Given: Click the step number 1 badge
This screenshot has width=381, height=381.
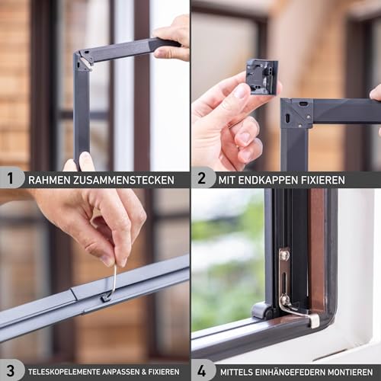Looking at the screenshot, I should [9, 178].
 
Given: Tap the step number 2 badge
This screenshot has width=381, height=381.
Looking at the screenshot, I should [201, 178].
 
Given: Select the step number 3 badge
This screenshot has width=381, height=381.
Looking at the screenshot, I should [9, 371].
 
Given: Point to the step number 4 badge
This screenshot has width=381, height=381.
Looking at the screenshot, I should [201, 371].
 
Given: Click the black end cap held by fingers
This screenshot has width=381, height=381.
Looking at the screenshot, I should [261, 76].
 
